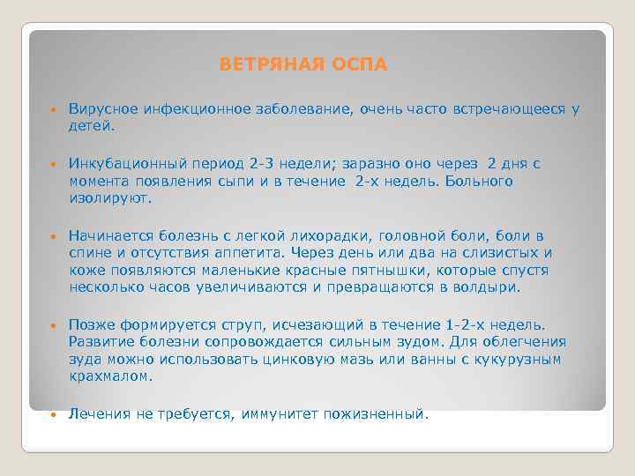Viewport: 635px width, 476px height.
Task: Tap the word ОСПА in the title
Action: click(358, 65)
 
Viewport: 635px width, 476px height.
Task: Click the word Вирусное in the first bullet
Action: click(101, 110)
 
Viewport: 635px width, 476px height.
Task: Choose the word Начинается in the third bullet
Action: click(108, 236)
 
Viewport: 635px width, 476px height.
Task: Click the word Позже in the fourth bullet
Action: click(90, 325)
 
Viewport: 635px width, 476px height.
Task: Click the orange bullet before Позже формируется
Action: click(54, 326)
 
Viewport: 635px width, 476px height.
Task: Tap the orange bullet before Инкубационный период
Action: click(54, 165)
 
